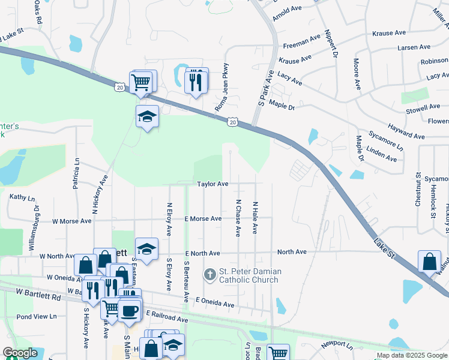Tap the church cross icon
point(209,275)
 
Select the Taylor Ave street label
point(213,184)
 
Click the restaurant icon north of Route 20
point(195,80)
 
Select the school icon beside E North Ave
point(146,249)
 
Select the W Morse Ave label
point(71,221)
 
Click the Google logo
point(20,353)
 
